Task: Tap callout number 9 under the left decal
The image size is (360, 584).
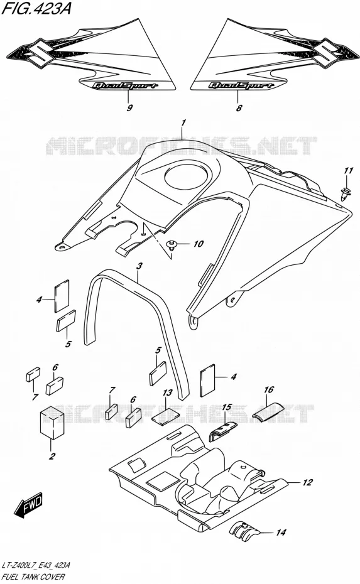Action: (129, 108)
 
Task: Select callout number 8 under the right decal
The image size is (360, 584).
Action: (239, 108)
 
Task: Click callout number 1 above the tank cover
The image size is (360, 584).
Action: (183, 123)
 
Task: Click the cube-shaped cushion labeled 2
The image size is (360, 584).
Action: (52, 423)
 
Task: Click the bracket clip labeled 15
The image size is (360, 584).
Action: (222, 430)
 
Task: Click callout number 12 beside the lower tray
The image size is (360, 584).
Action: (307, 482)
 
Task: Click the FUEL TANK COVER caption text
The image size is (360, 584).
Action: (33, 577)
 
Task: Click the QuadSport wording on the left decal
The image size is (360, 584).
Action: (124, 85)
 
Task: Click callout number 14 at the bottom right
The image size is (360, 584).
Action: (281, 533)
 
